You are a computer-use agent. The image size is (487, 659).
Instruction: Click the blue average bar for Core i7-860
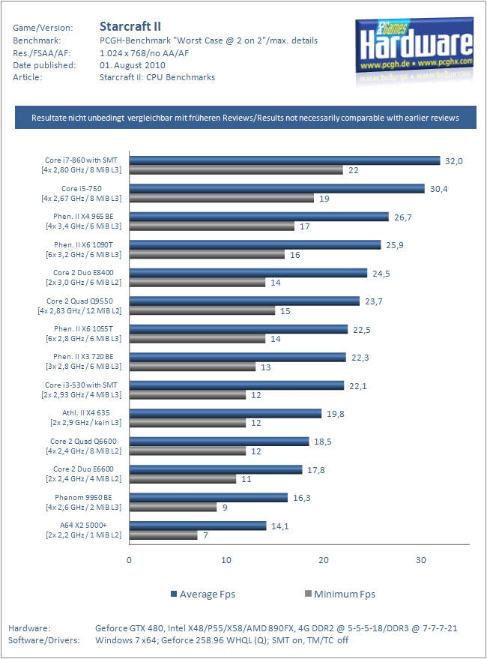285,160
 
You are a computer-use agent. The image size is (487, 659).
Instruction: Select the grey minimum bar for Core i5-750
222,199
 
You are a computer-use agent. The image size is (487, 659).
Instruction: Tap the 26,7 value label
402,217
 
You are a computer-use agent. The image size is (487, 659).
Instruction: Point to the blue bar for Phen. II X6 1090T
255,244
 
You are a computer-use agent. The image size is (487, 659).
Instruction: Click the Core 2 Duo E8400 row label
83,277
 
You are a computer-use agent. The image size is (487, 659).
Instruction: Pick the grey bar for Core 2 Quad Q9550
202,310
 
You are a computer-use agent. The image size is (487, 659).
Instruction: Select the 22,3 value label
360,358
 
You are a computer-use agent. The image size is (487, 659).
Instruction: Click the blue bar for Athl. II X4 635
226,413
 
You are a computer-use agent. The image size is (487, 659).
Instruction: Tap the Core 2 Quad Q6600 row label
83,446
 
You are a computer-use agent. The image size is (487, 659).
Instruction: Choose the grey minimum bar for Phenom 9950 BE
173,508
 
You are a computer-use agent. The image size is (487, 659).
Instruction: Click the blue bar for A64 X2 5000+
198,526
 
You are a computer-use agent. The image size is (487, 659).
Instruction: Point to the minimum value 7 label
205,535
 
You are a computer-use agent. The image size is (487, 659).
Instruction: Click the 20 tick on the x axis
323,560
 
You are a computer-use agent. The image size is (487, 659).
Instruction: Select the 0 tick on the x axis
129,560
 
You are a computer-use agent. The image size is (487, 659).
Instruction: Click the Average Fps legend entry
203,595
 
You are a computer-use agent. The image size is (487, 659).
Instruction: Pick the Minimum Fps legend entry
340,595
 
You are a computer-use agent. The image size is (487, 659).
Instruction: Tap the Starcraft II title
130,26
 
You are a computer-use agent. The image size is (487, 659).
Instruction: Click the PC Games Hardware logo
414,46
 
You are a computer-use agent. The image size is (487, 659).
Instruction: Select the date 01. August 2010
133,65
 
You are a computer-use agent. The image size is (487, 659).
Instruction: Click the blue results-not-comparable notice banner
246,117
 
